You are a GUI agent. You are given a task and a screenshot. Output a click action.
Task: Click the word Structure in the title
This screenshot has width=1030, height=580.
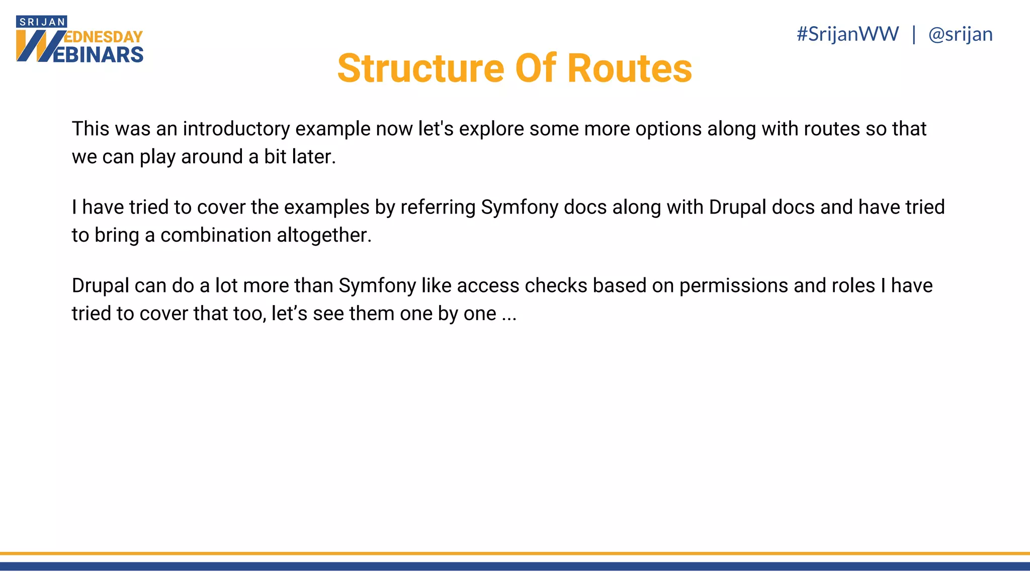pyautogui.click(x=420, y=68)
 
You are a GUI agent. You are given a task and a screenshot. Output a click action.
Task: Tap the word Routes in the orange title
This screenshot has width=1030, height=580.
pyautogui.click(x=630, y=68)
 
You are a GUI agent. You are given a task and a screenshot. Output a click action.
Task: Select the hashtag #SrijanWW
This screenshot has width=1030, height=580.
pyautogui.click(x=847, y=34)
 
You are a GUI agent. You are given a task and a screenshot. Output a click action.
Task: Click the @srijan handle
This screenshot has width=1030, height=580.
pyautogui.click(x=960, y=34)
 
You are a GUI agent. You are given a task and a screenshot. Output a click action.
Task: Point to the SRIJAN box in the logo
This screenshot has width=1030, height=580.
pyautogui.click(x=42, y=22)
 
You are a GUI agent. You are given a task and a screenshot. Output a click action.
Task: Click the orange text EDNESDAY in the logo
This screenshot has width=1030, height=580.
pyautogui.click(x=104, y=37)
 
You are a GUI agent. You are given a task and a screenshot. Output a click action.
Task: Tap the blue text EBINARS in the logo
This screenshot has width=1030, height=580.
pyautogui.click(x=98, y=55)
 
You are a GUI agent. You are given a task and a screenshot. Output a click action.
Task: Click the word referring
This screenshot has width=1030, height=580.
pyautogui.click(x=438, y=207)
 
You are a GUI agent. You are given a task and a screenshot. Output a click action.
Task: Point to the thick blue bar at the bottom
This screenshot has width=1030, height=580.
pyautogui.click(x=515, y=566)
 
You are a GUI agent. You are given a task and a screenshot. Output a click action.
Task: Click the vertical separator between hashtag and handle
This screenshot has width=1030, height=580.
pyautogui.click(x=913, y=34)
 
